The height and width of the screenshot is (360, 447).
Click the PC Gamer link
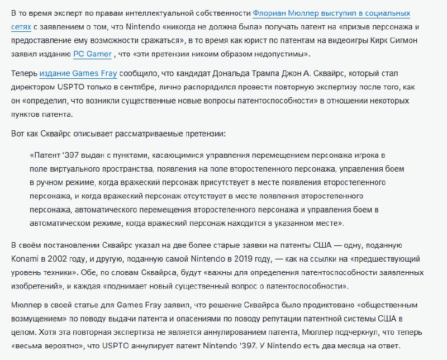[92, 54]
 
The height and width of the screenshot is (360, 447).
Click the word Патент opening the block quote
[49, 155]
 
